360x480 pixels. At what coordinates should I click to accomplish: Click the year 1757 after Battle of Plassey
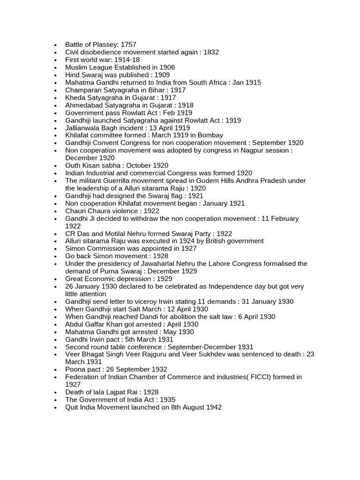pos(128,45)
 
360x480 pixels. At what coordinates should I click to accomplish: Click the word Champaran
pos(83,90)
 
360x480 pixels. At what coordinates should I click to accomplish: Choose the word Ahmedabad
pos(83,105)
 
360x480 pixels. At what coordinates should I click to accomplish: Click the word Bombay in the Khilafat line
pos(210,135)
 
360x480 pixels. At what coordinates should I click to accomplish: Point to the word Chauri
pos(76,211)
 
